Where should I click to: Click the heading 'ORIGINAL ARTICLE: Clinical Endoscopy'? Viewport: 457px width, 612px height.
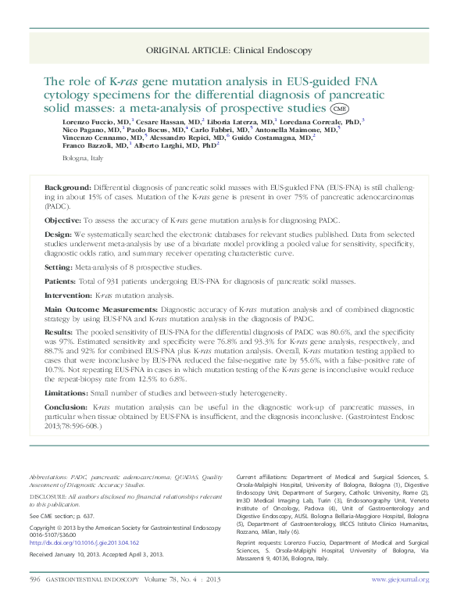228,49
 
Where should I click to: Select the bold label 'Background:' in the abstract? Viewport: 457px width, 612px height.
67,188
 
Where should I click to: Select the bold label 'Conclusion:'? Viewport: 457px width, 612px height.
66,407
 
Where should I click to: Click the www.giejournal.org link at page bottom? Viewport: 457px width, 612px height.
400,579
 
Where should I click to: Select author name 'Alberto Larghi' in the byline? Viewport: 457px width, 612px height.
159,145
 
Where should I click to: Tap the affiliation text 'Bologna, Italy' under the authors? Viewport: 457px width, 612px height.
82,159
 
